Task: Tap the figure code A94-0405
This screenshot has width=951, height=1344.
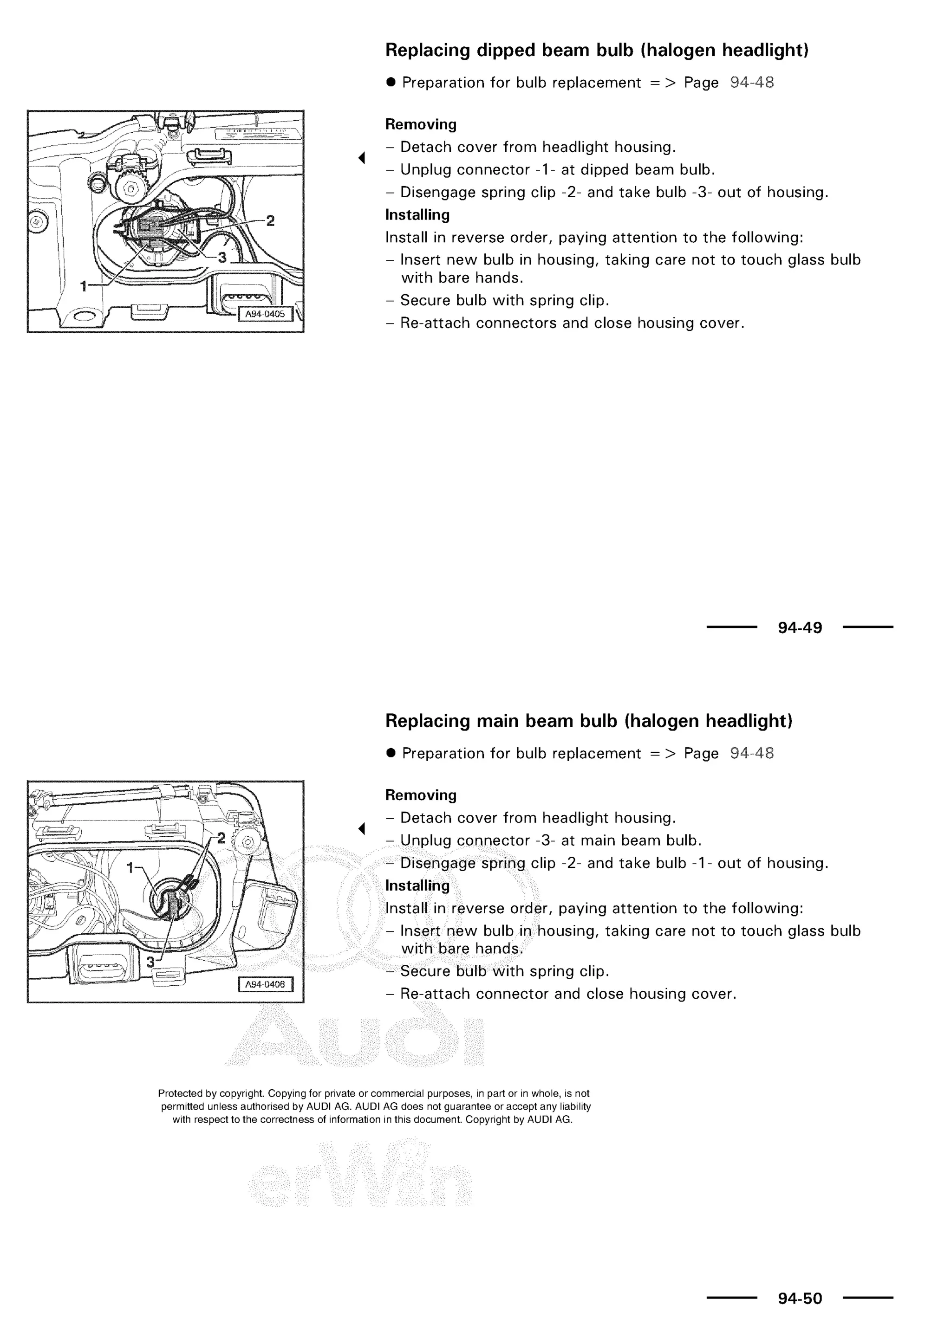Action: point(265,314)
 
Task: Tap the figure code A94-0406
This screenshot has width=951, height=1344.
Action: point(265,985)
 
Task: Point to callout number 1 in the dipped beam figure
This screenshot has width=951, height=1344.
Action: point(84,286)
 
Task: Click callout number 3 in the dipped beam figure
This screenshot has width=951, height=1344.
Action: point(222,258)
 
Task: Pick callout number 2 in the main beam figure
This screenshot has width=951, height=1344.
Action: point(221,838)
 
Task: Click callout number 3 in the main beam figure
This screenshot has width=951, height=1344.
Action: point(150,962)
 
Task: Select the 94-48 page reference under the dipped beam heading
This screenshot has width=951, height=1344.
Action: point(752,83)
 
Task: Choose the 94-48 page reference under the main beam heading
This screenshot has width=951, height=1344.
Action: point(752,753)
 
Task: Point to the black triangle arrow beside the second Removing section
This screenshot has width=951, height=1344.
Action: point(362,828)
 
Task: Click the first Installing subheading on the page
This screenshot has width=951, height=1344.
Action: point(417,215)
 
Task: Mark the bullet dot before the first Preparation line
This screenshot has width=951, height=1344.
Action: point(391,83)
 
